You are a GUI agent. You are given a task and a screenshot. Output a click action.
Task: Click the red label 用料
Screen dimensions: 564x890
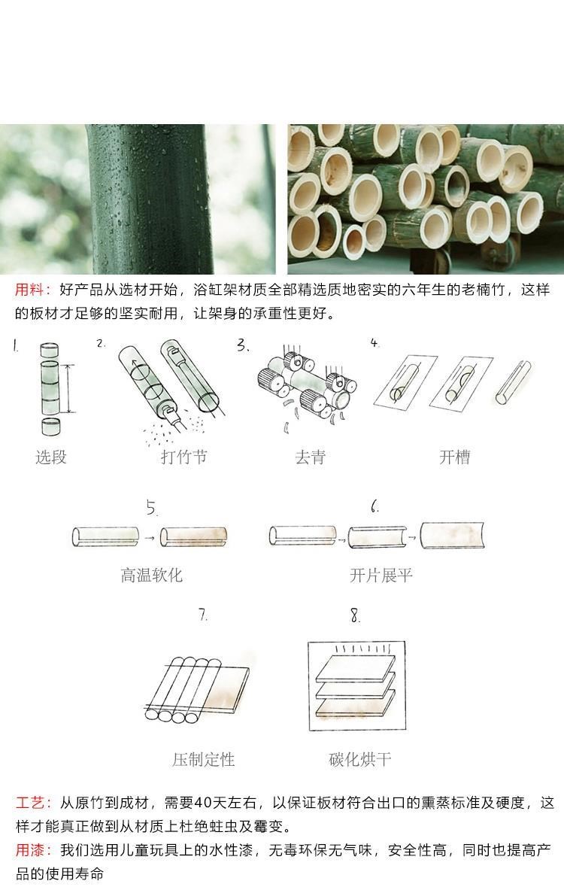(x=29, y=290)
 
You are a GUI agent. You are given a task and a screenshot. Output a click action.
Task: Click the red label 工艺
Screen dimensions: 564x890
(x=30, y=803)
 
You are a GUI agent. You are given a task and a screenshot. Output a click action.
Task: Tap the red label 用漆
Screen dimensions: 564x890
(x=30, y=849)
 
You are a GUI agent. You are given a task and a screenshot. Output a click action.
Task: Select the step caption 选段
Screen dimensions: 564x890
(x=51, y=457)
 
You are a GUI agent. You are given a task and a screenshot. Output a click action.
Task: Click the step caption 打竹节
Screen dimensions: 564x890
(x=183, y=457)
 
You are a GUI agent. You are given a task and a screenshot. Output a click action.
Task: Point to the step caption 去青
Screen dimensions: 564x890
(x=311, y=457)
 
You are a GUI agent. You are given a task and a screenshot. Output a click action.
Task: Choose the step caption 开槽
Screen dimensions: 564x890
(x=454, y=457)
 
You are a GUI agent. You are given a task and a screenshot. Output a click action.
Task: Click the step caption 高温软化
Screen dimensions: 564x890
(x=151, y=575)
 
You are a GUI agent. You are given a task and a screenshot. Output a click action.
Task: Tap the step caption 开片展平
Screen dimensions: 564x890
(x=381, y=575)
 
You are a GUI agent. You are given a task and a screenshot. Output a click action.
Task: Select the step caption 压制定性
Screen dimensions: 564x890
(x=204, y=759)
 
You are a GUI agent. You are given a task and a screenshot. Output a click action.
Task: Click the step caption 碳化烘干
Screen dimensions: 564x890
(x=360, y=759)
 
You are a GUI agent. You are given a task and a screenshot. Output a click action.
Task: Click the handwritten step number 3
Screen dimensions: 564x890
(x=243, y=345)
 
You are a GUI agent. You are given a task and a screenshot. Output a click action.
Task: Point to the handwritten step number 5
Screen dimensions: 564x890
(x=151, y=507)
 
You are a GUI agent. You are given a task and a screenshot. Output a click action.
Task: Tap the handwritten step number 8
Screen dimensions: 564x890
(x=355, y=615)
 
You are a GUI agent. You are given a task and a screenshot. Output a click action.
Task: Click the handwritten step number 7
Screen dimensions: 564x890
(x=203, y=615)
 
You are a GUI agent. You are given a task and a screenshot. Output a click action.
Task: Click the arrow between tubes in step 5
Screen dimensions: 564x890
(x=149, y=537)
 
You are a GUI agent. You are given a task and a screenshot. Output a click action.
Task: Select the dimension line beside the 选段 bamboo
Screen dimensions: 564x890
(x=69, y=389)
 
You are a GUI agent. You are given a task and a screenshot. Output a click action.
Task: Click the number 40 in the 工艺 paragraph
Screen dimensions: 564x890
(x=202, y=803)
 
